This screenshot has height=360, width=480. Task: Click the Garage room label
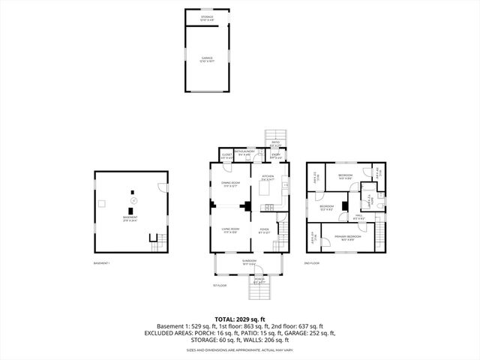tap(206, 58)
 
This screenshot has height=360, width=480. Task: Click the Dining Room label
tap(229, 184)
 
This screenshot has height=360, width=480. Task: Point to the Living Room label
tap(229, 230)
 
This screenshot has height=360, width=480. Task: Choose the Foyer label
tap(264, 230)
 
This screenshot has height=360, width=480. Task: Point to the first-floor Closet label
tap(226, 157)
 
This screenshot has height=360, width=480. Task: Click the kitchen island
tap(264, 193)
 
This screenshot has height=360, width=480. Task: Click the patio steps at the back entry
tap(274, 136)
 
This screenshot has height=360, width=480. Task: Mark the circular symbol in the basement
tap(134, 200)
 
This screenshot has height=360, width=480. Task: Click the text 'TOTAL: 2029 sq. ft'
tap(239, 319)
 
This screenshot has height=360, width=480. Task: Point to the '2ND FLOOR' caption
tap(311, 263)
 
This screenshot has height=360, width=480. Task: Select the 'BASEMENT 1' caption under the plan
tap(101, 263)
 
